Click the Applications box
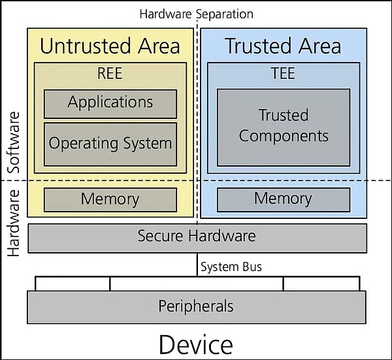[x=110, y=103]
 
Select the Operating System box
[x=110, y=143]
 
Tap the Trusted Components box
[x=283, y=127]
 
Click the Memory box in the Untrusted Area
[x=110, y=199]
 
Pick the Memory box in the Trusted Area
[x=283, y=199]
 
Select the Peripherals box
[x=196, y=306]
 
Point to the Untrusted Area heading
[x=110, y=46]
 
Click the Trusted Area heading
[x=283, y=46]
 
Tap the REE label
[x=110, y=73]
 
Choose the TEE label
[x=283, y=73]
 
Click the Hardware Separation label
[x=197, y=14]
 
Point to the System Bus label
[x=231, y=267]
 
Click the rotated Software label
[x=14, y=140]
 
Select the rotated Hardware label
[x=14, y=222]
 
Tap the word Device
[x=195, y=344]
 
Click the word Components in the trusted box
[x=284, y=136]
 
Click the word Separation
[x=222, y=14]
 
